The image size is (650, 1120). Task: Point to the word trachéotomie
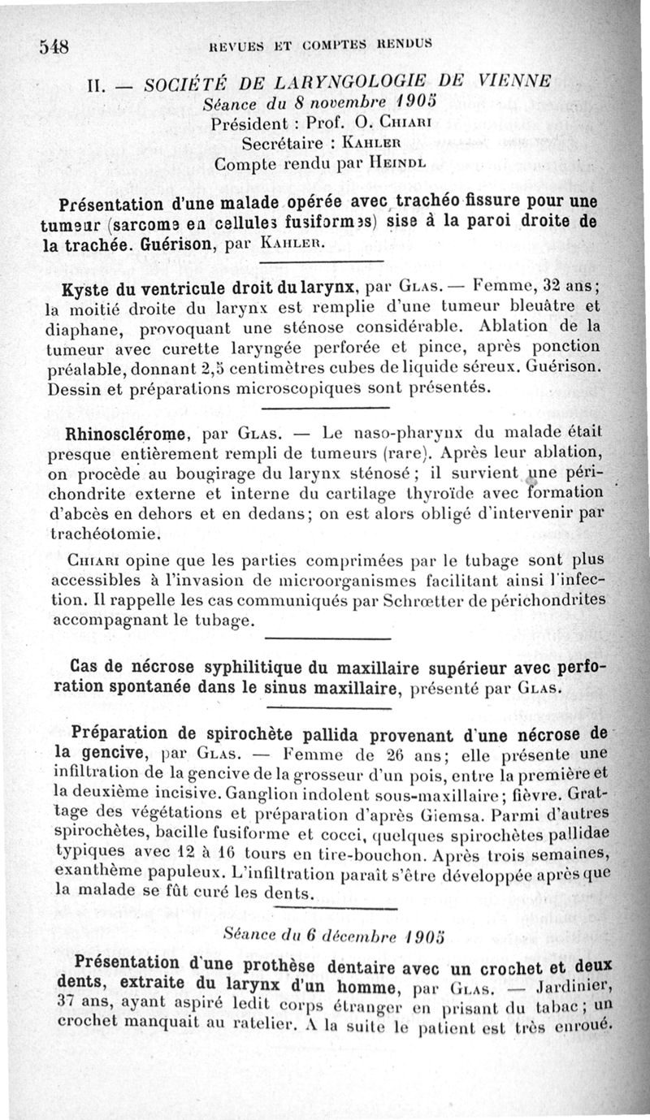[x=105, y=534]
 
